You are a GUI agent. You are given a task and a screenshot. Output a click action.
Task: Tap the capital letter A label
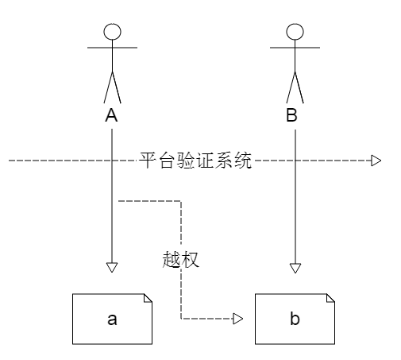tap(111, 115)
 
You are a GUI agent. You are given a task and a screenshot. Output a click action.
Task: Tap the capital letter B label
tap(291, 115)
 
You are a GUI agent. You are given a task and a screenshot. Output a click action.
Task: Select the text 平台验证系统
tap(195, 161)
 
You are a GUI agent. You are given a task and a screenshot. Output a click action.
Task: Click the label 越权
tap(180, 260)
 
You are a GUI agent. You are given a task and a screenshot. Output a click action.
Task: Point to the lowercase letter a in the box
tap(112, 319)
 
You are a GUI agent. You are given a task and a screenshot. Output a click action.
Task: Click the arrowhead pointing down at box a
tap(112, 267)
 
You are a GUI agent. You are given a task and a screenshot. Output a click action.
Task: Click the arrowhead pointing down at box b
tap(295, 268)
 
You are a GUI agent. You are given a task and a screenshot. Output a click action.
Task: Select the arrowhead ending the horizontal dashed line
tap(376, 161)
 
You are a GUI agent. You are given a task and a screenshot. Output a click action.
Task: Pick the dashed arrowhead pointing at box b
tap(237, 319)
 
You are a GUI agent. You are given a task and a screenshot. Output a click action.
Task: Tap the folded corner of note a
tap(148, 298)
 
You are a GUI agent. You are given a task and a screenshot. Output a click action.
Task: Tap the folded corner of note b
tap(330, 298)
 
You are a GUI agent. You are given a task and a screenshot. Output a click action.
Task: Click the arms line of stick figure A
tap(112, 48)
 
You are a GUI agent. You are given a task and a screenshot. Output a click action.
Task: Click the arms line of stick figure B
tap(295, 48)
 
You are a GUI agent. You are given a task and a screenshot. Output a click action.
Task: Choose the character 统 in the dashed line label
tap(243, 161)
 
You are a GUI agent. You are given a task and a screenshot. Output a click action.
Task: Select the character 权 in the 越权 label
tap(190, 260)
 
